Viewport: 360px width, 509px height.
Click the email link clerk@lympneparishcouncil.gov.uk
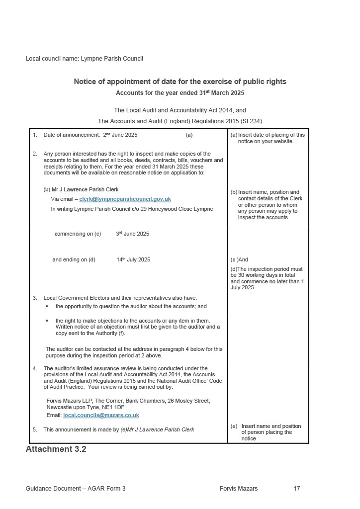125,199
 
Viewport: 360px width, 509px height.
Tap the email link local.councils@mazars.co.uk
101,415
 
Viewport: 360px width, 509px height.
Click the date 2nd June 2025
120,135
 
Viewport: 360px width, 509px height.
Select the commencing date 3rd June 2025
132,234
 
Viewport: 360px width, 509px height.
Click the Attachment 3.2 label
56,449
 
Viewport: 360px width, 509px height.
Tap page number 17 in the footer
297,489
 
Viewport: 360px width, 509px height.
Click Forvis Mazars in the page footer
239,489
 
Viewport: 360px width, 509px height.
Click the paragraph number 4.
35,368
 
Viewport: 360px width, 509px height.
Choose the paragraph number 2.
35,154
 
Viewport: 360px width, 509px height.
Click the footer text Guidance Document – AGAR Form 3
76,489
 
